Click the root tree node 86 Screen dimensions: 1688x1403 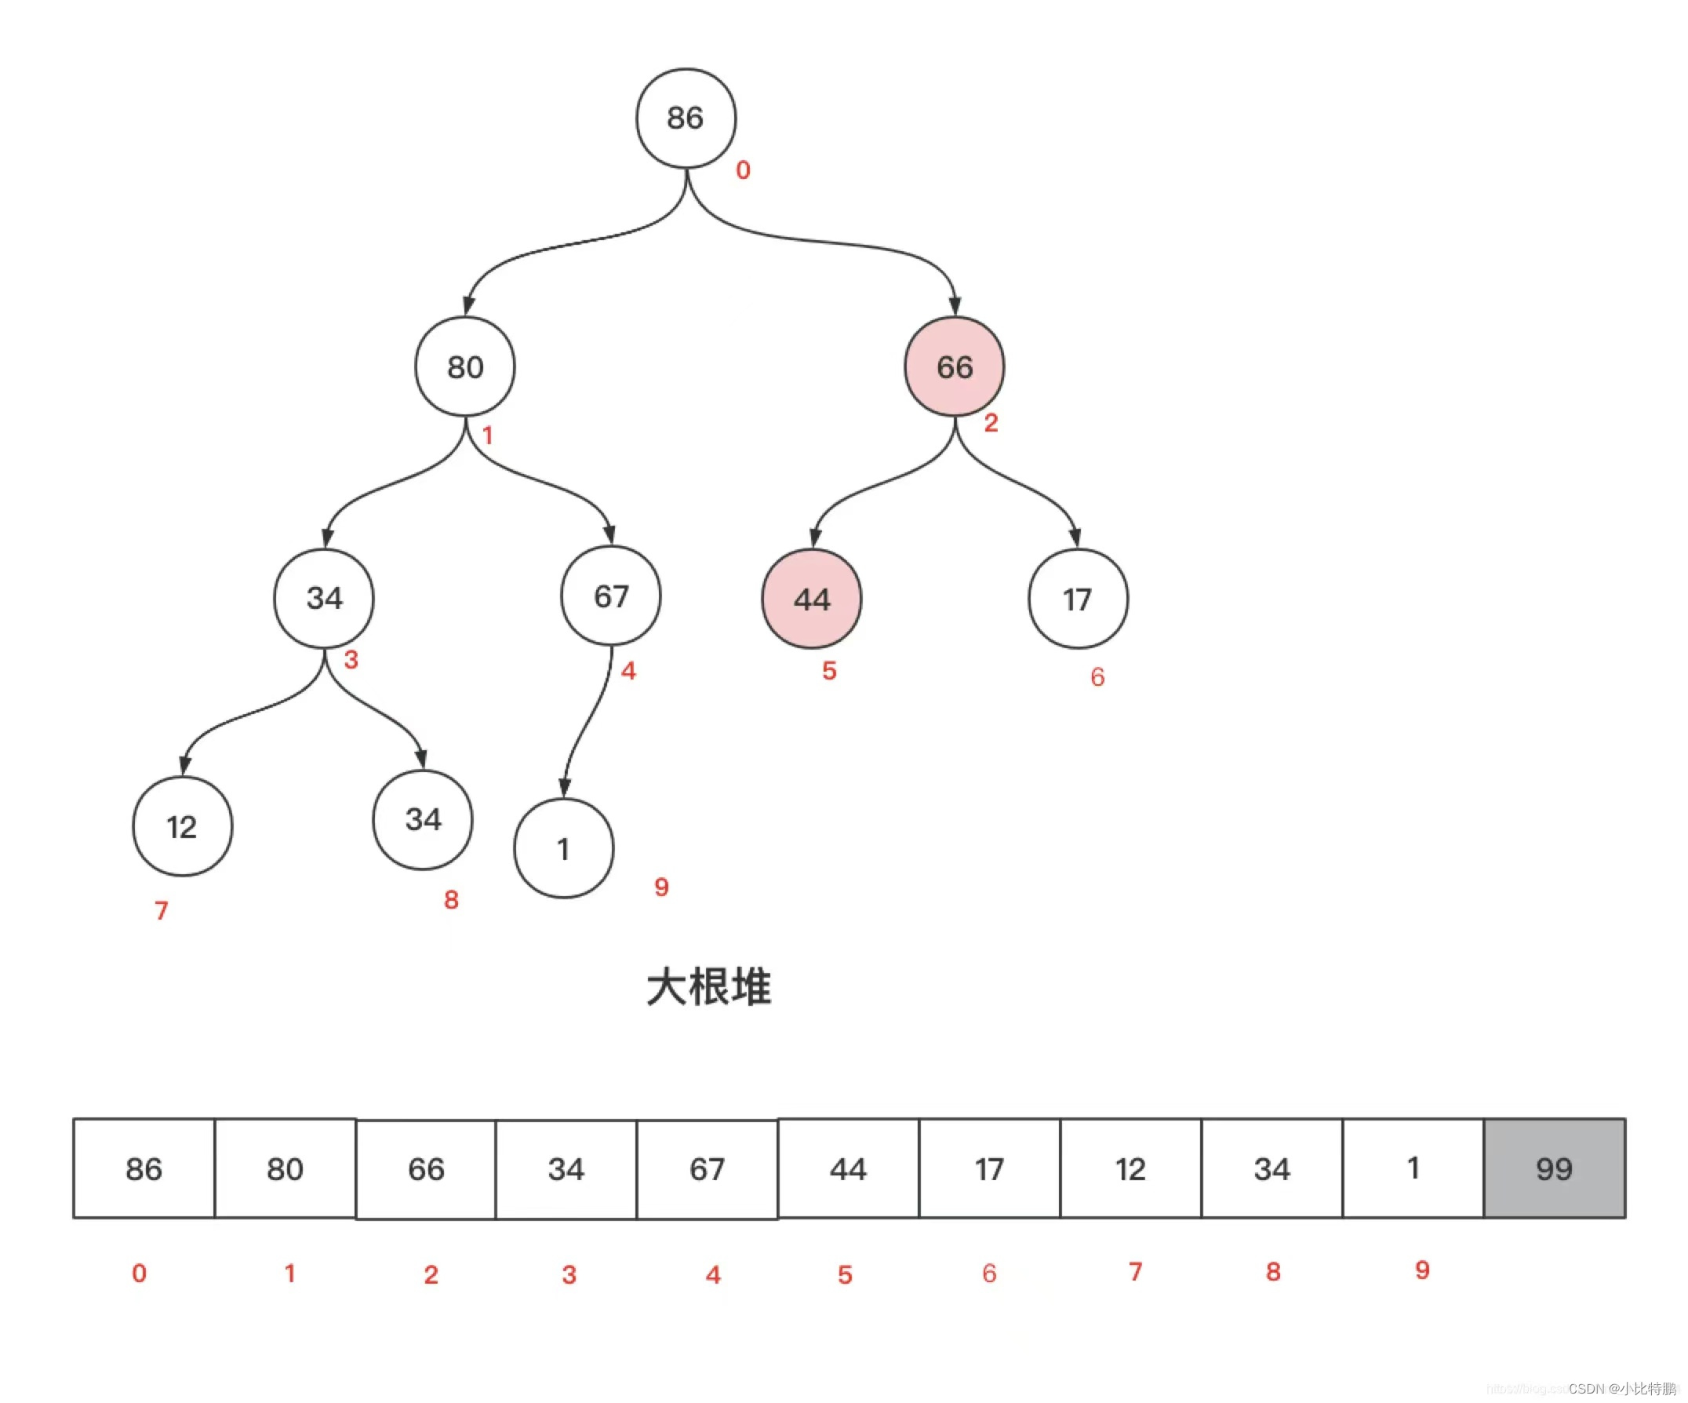pyautogui.click(x=686, y=118)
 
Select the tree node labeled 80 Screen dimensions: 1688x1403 pyautogui.click(x=464, y=366)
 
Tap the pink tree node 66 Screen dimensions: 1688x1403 pyautogui.click(x=954, y=366)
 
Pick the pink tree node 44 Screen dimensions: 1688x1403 pyautogui.click(x=811, y=599)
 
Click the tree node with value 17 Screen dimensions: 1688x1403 pyautogui.click(x=1077, y=599)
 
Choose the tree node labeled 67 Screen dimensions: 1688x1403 pyautogui.click(x=610, y=596)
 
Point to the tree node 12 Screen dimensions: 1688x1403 pyautogui.click(x=182, y=826)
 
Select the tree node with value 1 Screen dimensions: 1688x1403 pyautogui.click(x=563, y=848)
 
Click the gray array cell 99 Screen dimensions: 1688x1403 pyautogui.click(x=1554, y=1168)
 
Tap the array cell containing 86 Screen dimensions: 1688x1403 pyautogui.click(x=144, y=1168)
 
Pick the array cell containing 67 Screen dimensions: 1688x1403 pyautogui.click(x=707, y=1168)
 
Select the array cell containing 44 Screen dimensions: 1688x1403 pyautogui.click(x=848, y=1168)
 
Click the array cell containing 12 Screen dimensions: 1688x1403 pyautogui.click(x=1130, y=1168)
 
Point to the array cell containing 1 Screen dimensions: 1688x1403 pyautogui.click(x=1413, y=1168)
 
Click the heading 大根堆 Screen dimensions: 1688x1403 pyautogui.click(x=708, y=986)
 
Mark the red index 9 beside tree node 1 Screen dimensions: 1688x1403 pyautogui.click(x=660, y=887)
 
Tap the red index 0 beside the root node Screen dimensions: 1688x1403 pyautogui.click(x=743, y=169)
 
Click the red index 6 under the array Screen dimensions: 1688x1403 pyautogui.click(x=988, y=1273)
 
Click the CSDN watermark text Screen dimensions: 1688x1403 pyautogui.click(x=1621, y=1389)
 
